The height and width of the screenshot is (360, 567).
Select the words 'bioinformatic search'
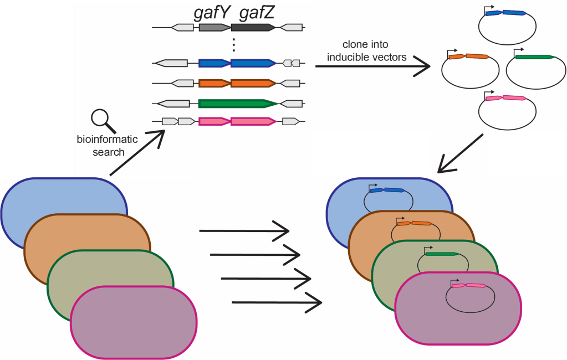(108, 146)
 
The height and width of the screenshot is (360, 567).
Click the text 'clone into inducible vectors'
(367, 50)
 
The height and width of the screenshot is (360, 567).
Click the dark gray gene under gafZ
(253, 27)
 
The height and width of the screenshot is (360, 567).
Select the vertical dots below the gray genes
(234, 44)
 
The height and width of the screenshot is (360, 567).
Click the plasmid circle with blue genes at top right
(507, 28)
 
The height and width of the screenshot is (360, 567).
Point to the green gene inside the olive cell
(442, 254)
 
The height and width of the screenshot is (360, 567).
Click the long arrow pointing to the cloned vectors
(372, 66)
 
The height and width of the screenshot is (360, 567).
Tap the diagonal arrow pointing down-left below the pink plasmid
(461, 153)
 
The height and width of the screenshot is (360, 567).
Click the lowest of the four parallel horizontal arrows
(277, 302)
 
